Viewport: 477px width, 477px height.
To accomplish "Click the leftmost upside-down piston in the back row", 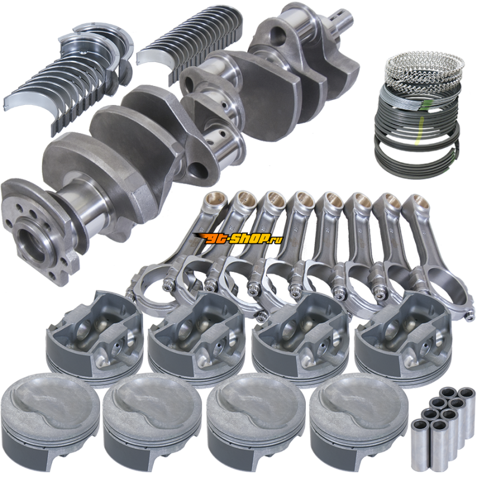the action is coord(95,334).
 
